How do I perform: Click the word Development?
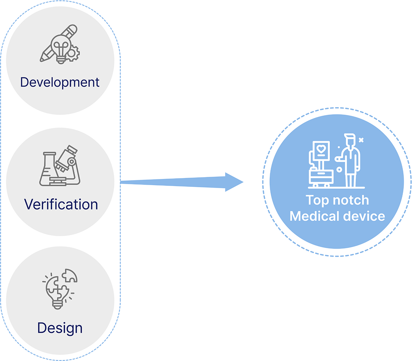pos(60,82)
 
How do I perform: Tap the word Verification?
pos(61,204)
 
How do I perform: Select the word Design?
pos(60,327)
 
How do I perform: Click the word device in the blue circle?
pos(367,216)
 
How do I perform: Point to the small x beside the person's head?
pos(361,140)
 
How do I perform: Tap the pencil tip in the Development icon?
pos(42,58)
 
